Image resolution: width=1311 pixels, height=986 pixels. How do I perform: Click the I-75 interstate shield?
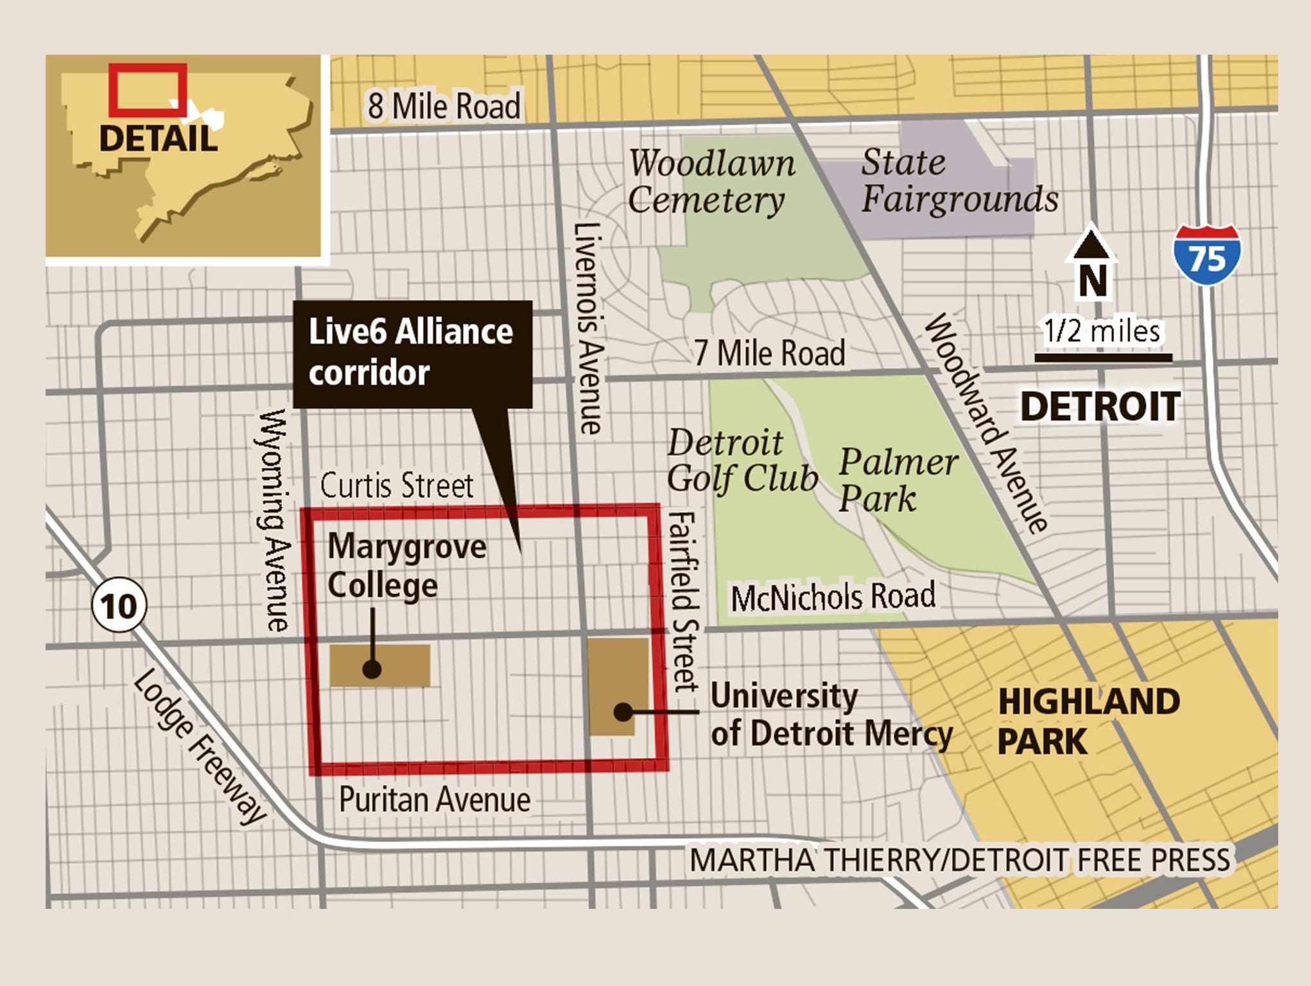click(1207, 255)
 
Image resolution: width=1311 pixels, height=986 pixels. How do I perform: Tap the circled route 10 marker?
click(119, 605)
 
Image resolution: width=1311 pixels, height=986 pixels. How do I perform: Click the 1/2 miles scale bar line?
click(1103, 358)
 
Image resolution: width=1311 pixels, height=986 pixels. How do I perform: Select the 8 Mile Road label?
click(444, 106)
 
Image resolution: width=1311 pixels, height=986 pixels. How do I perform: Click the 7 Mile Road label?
click(769, 353)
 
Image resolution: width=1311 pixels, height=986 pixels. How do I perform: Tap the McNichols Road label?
click(833, 597)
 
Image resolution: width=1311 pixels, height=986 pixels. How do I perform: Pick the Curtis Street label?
click(396, 485)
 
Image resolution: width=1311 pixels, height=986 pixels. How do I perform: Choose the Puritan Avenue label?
click(435, 800)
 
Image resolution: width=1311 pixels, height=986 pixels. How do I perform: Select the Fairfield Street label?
click(684, 601)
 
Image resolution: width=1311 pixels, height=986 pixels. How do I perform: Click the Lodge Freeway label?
click(200, 746)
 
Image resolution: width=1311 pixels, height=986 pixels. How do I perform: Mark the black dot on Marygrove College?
click(372, 669)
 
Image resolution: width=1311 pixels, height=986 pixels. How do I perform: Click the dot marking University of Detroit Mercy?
click(622, 712)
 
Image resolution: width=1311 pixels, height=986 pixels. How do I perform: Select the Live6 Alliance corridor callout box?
click(412, 353)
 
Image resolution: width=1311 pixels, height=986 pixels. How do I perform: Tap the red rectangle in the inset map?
click(148, 90)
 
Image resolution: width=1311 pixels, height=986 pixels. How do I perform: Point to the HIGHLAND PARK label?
click(1088, 721)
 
